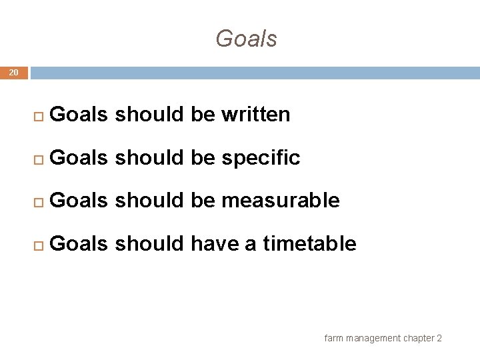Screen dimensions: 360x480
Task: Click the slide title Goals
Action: click(246, 39)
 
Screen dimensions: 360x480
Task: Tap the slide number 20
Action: click(14, 73)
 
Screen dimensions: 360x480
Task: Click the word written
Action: click(255, 115)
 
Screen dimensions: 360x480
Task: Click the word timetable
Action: click(309, 244)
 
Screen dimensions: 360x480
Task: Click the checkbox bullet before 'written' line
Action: click(38, 116)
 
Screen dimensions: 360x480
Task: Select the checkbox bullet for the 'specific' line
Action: click(38, 159)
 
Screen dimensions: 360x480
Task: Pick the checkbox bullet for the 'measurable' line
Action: click(38, 201)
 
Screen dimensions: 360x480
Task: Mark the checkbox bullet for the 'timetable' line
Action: click(38, 245)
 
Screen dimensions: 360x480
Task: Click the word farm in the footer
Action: click(333, 338)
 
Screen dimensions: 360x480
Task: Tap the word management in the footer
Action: click(373, 338)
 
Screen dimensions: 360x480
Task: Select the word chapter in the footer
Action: click(419, 338)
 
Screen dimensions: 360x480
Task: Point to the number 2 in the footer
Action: click(439, 338)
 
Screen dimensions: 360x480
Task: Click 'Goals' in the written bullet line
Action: click(79, 115)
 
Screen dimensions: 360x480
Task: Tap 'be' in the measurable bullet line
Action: click(203, 201)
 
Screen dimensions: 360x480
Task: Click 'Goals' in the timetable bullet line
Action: click(79, 244)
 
